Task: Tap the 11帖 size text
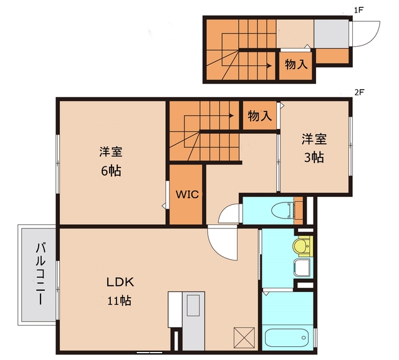[x=118, y=301]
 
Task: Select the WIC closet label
[x=186, y=194]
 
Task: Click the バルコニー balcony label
[x=39, y=274]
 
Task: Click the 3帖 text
[x=314, y=157]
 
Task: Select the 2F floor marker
[x=358, y=92]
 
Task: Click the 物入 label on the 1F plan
[x=296, y=64]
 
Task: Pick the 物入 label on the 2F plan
[x=259, y=116]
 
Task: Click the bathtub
[x=287, y=339]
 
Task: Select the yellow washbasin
[x=302, y=247]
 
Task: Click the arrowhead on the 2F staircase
[x=231, y=115]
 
